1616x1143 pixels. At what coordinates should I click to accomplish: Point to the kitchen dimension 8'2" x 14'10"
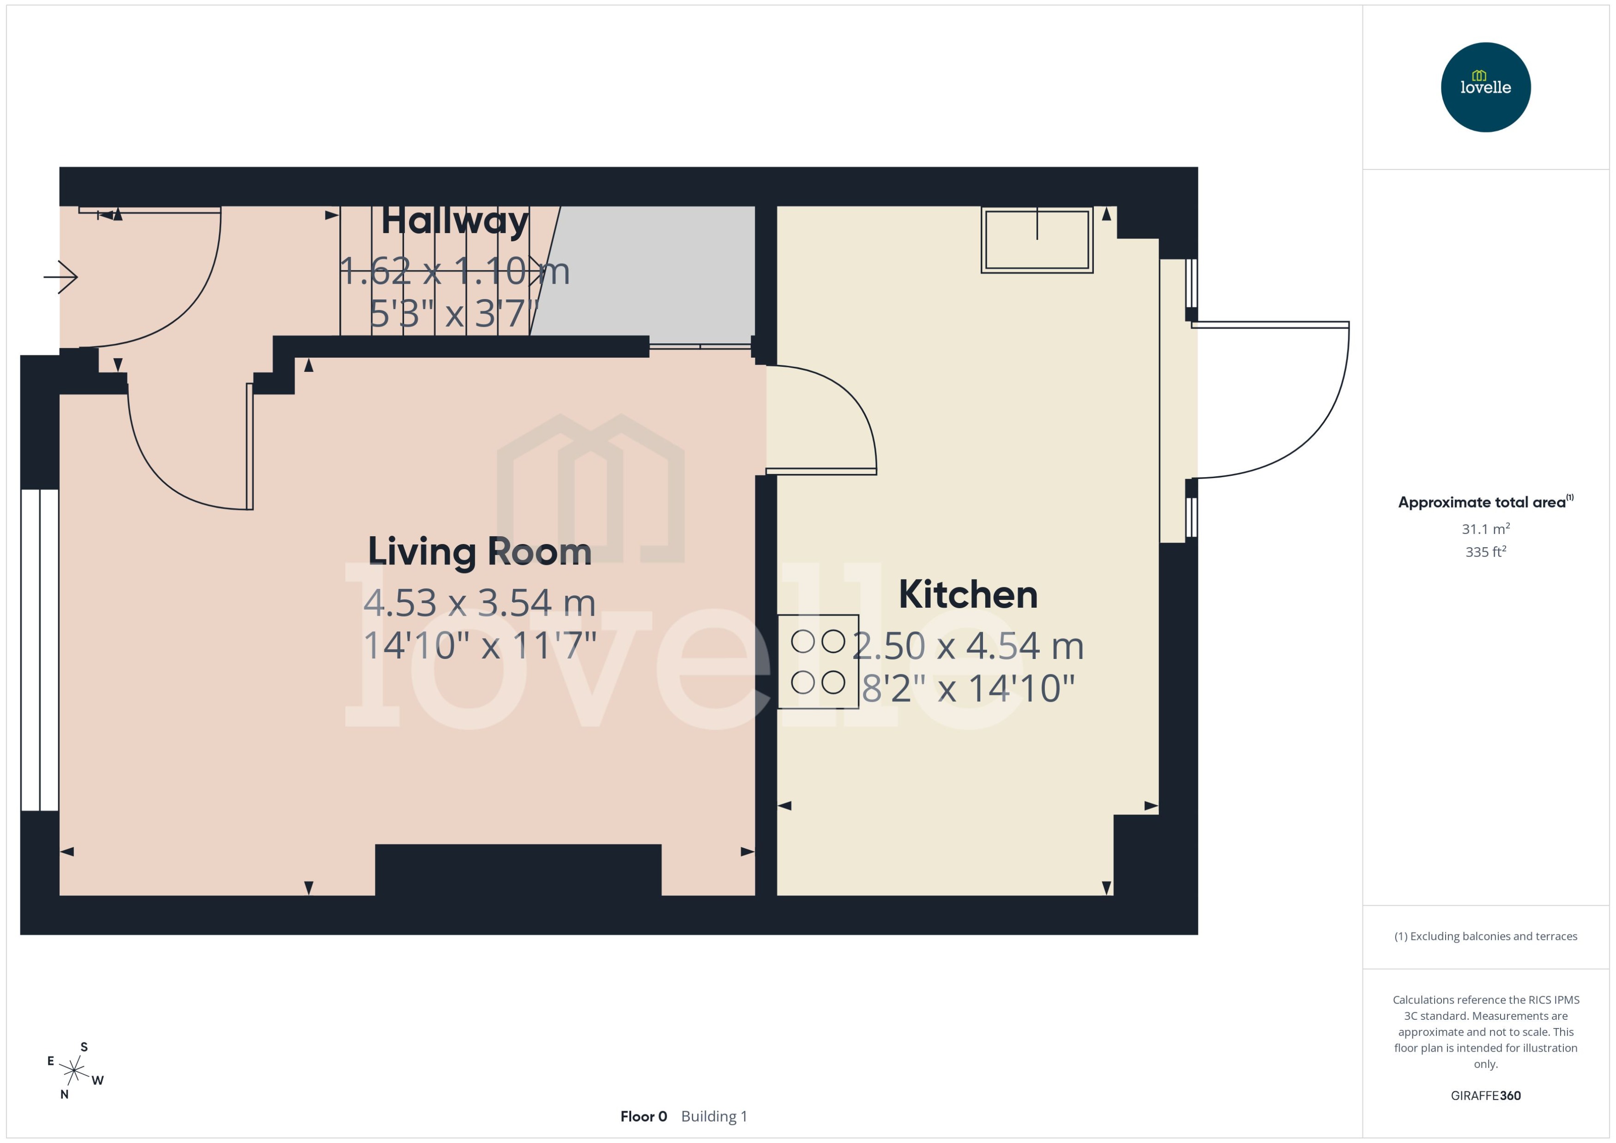click(968, 688)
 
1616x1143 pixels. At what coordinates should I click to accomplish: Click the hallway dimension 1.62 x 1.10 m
click(454, 271)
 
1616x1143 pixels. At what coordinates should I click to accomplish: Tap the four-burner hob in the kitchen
click(818, 662)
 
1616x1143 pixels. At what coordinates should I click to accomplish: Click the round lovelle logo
click(1485, 87)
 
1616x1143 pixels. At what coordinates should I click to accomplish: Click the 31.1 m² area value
click(1485, 528)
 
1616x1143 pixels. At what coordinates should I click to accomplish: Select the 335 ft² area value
click(1485, 552)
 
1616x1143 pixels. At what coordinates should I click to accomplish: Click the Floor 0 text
click(643, 1116)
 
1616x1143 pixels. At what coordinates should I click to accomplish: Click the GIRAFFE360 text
click(1485, 1095)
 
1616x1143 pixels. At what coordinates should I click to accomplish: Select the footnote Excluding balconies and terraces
click(1485, 936)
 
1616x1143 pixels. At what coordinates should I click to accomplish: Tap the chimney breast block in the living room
click(518, 870)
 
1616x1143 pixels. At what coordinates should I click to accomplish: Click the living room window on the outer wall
click(39, 650)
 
